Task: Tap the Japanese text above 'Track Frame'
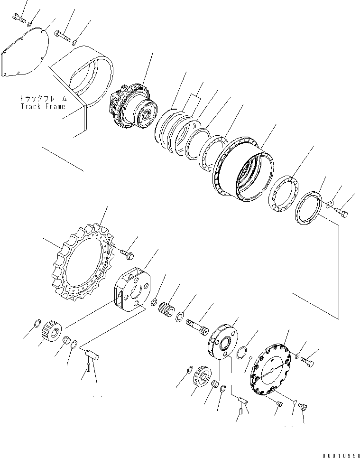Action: (x=43, y=99)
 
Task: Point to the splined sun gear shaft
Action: (x=196, y=326)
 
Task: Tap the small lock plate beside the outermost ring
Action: (x=330, y=205)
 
